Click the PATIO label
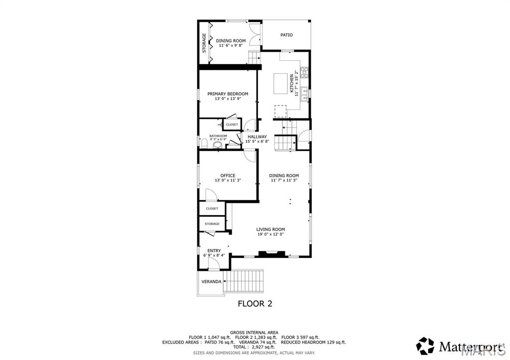tap(286, 35)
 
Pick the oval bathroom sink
tap(217, 145)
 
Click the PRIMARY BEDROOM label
tap(228, 94)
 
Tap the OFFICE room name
tap(228, 175)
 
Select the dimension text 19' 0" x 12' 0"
tap(271, 235)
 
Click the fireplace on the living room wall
tap(272, 254)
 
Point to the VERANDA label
tap(211, 282)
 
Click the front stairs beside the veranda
tap(244, 282)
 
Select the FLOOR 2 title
tap(255, 304)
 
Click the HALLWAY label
tap(257, 136)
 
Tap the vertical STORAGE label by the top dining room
tap(204, 42)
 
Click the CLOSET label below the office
tap(212, 209)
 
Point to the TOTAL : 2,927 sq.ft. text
tap(255, 347)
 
